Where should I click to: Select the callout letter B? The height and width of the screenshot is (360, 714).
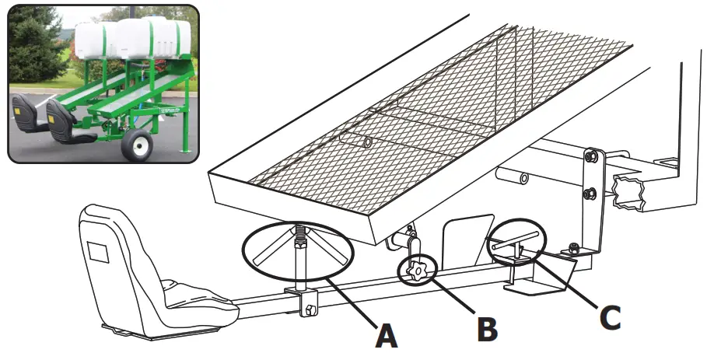tap(488, 328)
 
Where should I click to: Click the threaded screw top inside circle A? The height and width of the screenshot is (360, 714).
tap(299, 231)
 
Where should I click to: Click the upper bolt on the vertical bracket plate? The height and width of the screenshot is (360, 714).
tap(591, 158)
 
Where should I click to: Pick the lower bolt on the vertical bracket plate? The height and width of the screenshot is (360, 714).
tap(591, 192)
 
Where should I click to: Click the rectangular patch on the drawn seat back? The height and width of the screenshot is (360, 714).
tap(98, 251)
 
